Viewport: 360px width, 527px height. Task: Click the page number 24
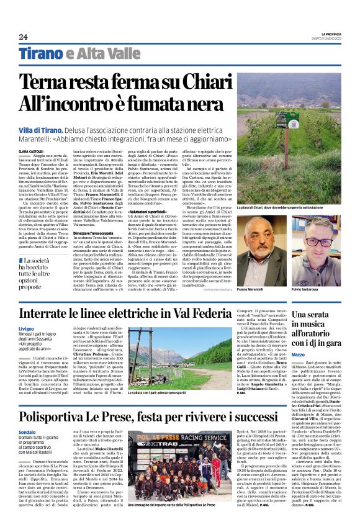[x=23, y=37]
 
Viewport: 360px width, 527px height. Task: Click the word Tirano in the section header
[x=40, y=55]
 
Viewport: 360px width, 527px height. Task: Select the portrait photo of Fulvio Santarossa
[x=317, y=248]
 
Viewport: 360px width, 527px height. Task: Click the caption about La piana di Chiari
[x=288, y=205]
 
